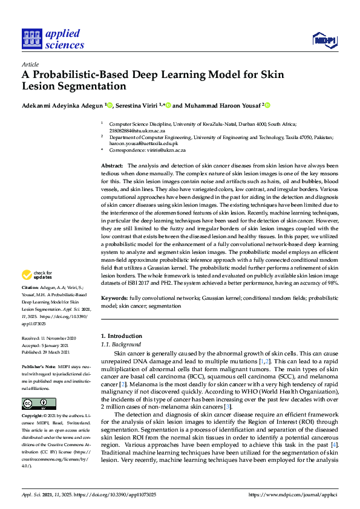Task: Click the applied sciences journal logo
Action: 53,39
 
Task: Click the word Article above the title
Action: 30,64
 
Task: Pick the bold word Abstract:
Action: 112,166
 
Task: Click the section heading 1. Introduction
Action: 120,336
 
